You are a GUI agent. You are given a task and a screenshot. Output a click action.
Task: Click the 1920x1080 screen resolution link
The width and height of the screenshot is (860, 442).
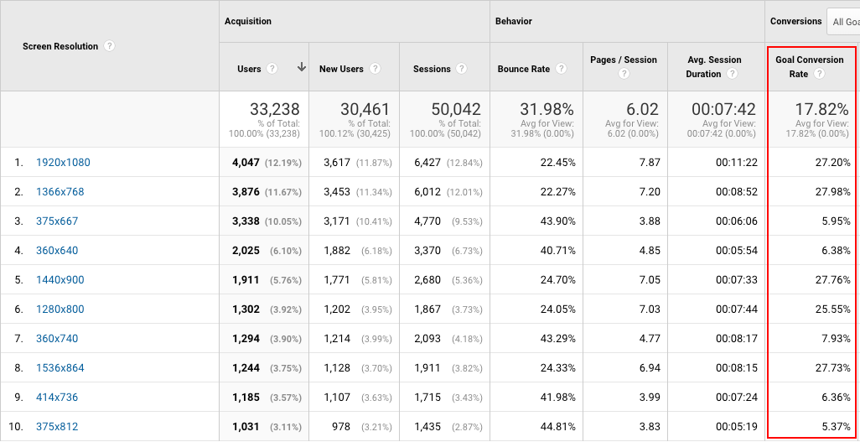tap(63, 163)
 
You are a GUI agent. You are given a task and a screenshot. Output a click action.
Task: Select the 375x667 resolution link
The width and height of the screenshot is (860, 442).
tap(57, 221)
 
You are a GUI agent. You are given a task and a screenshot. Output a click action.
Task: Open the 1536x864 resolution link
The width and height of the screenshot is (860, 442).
tap(60, 368)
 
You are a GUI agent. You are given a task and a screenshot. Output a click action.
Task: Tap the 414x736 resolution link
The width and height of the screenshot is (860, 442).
tap(57, 398)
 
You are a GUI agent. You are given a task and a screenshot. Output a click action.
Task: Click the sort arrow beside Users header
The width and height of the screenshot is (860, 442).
tap(301, 68)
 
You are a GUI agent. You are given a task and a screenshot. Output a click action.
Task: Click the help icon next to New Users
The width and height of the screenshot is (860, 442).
tap(375, 69)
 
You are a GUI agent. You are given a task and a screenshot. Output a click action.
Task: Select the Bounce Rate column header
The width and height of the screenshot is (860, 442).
tap(524, 69)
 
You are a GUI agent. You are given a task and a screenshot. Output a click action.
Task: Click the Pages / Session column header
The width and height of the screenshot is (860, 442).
tap(624, 60)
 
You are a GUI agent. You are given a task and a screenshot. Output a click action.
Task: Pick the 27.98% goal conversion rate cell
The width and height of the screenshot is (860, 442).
tap(831, 192)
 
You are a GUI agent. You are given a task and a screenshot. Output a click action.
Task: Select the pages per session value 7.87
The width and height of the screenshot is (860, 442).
tap(649, 163)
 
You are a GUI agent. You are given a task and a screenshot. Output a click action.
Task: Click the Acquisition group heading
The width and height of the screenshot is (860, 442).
tap(248, 21)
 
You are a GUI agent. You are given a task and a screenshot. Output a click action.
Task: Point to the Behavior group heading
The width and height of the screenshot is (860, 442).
tap(514, 21)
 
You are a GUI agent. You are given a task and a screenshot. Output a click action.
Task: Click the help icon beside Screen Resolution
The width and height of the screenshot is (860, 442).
tap(110, 46)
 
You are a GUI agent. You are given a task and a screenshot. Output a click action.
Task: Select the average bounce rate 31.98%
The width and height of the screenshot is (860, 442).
tap(544, 109)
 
